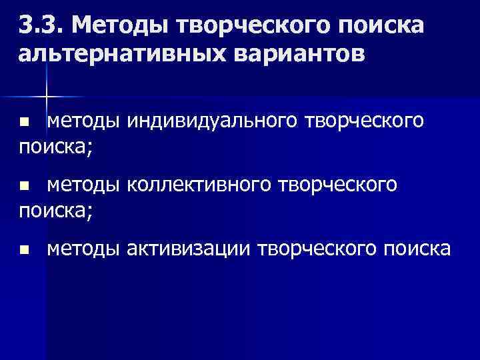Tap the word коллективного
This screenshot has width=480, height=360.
[206, 185]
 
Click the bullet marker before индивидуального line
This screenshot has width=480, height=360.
[24, 123]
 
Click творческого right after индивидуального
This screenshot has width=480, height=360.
[364, 121]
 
